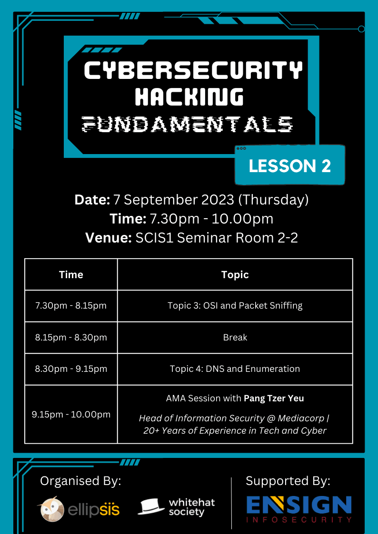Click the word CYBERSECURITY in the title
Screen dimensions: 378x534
tap(193, 70)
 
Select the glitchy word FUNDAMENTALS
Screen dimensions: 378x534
tap(188, 124)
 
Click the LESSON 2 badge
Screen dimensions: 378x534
tap(290, 166)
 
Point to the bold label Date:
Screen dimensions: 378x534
tap(92, 200)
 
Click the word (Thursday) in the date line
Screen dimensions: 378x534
tap(273, 200)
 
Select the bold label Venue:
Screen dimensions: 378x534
tap(109, 238)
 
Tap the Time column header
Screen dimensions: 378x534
tap(71, 274)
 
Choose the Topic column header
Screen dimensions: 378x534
tap(235, 274)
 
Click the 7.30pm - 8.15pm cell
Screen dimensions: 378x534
tap(71, 305)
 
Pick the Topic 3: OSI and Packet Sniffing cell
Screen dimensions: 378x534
tap(235, 305)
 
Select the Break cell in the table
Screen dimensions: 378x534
tap(235, 337)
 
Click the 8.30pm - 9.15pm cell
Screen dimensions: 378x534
tap(71, 369)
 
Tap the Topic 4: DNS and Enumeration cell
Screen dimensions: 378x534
tap(235, 369)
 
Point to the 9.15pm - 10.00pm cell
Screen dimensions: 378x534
tap(71, 415)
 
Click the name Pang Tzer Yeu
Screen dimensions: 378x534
tap(274, 398)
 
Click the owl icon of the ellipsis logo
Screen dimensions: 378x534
tap(52, 509)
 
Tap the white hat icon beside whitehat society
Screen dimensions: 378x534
tap(151, 507)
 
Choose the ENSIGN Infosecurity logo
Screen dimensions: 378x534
tap(299, 509)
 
